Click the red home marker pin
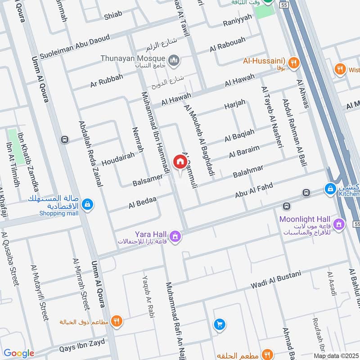click(x=180, y=162)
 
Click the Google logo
click(x=18, y=353)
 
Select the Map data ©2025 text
click(x=336, y=355)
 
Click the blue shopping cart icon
click(x=220, y=324)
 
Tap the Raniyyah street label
click(x=238, y=23)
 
